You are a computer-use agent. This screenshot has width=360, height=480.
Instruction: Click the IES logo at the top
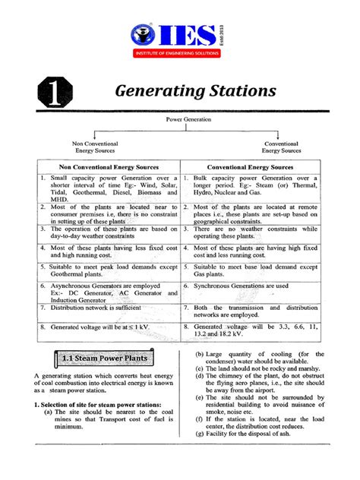click(x=171, y=33)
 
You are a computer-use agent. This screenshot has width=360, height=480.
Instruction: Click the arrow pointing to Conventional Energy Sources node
click(x=280, y=134)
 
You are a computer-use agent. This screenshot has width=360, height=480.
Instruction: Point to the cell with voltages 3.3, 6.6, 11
click(x=251, y=329)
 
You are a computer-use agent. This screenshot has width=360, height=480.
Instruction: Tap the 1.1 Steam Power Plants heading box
click(x=104, y=357)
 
